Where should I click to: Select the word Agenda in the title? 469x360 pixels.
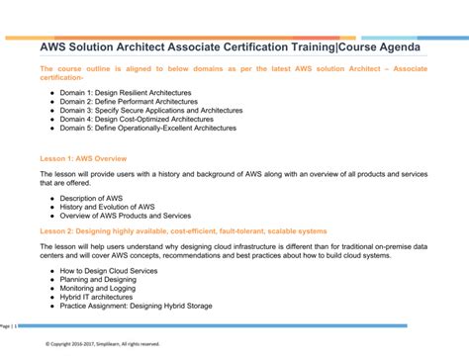coord(394,47)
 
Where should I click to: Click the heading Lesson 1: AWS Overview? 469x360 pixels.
coord(83,158)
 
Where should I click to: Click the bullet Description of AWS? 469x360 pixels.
coord(91,198)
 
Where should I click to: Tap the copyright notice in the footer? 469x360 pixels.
coord(102,344)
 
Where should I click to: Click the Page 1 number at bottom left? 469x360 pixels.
coord(7,325)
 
